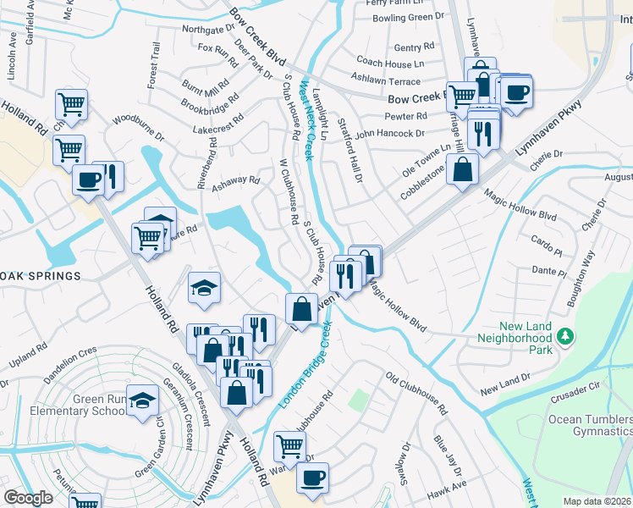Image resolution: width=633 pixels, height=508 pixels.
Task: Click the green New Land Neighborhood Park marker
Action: point(564,338)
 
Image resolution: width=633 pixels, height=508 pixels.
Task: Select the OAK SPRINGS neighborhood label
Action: point(41,276)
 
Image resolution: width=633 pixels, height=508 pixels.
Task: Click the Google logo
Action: point(28,498)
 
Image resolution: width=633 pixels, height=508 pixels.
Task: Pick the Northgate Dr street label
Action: point(208,30)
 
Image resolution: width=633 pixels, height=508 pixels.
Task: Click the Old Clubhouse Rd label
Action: point(416,392)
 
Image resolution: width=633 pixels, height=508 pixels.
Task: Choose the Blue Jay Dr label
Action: point(442,455)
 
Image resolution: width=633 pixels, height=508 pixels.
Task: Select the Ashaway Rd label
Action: point(234,180)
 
